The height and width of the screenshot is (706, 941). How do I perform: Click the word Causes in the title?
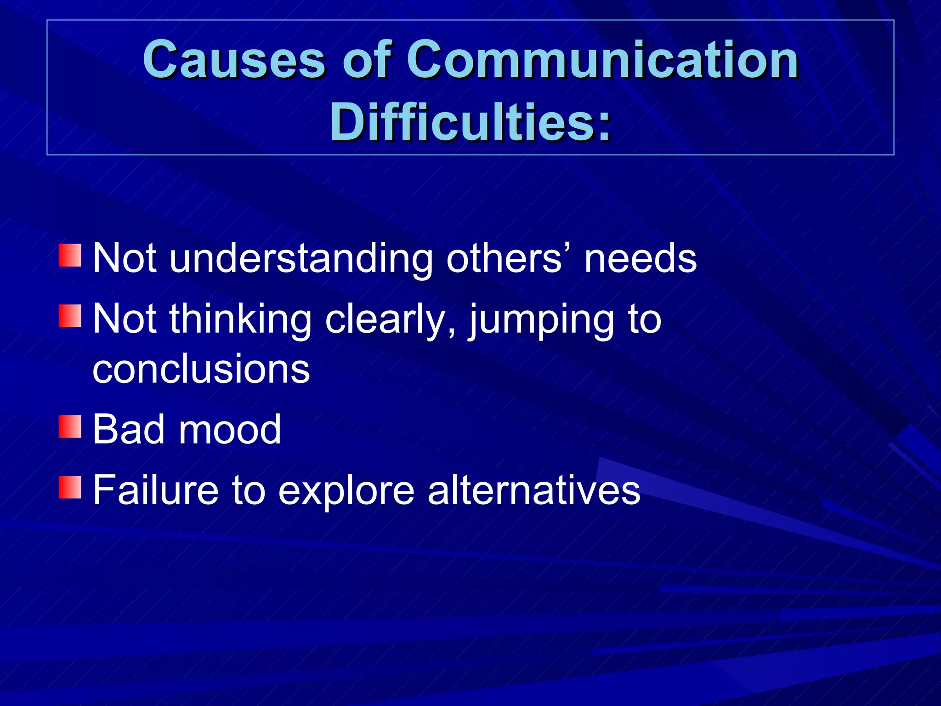tap(234, 60)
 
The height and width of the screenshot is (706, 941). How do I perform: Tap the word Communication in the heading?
tap(602, 60)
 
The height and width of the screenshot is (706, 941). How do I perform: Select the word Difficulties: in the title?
tap(470, 122)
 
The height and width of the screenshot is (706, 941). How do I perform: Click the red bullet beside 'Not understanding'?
tap(70, 256)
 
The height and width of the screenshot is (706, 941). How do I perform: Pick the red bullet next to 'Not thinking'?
tap(70, 316)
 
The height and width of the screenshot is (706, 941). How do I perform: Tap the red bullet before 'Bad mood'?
tap(70, 427)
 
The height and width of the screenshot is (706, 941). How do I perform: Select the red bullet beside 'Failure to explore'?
tap(70, 487)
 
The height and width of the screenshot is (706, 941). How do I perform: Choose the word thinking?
tap(241, 320)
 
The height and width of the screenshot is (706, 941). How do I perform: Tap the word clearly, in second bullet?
tap(391, 320)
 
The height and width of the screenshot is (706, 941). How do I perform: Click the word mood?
tap(230, 429)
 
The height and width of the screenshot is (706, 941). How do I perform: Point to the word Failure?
tap(155, 490)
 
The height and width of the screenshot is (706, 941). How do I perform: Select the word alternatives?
tap(533, 490)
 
